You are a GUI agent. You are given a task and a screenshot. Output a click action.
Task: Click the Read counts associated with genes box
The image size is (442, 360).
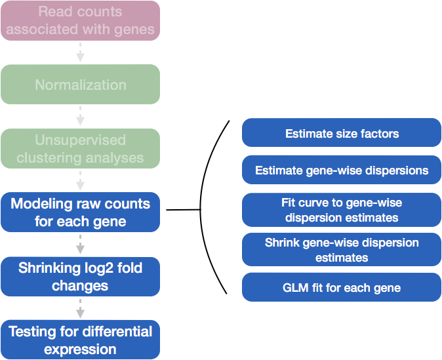click(81, 20)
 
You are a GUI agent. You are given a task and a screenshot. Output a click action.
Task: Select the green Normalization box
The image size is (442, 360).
click(81, 85)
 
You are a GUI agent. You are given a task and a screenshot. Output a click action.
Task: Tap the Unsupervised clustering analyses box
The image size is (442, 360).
click(81, 149)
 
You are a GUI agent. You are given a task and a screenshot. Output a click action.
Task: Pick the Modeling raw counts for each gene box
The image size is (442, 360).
click(81, 212)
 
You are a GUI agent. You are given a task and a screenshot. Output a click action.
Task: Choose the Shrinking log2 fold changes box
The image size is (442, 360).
click(81, 277)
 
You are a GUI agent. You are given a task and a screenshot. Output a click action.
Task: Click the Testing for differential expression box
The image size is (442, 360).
click(81, 340)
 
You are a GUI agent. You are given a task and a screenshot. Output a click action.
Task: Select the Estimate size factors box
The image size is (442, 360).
click(342, 133)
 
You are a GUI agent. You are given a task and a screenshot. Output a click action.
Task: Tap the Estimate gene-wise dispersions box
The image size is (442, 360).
click(342, 170)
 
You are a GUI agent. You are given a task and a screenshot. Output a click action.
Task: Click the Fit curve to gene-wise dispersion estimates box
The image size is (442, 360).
click(342, 210)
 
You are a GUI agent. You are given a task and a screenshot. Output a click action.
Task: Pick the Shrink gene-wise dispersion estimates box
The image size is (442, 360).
click(342, 250)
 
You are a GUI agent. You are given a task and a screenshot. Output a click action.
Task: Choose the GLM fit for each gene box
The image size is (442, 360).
click(342, 287)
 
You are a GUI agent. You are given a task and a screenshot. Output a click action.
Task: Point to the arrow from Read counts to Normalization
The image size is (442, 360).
click(81, 52)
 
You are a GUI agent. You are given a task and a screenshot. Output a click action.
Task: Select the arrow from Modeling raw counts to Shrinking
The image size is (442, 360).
click(81, 244)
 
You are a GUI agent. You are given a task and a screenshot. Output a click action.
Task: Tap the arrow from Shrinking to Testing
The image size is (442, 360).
click(81, 308)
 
